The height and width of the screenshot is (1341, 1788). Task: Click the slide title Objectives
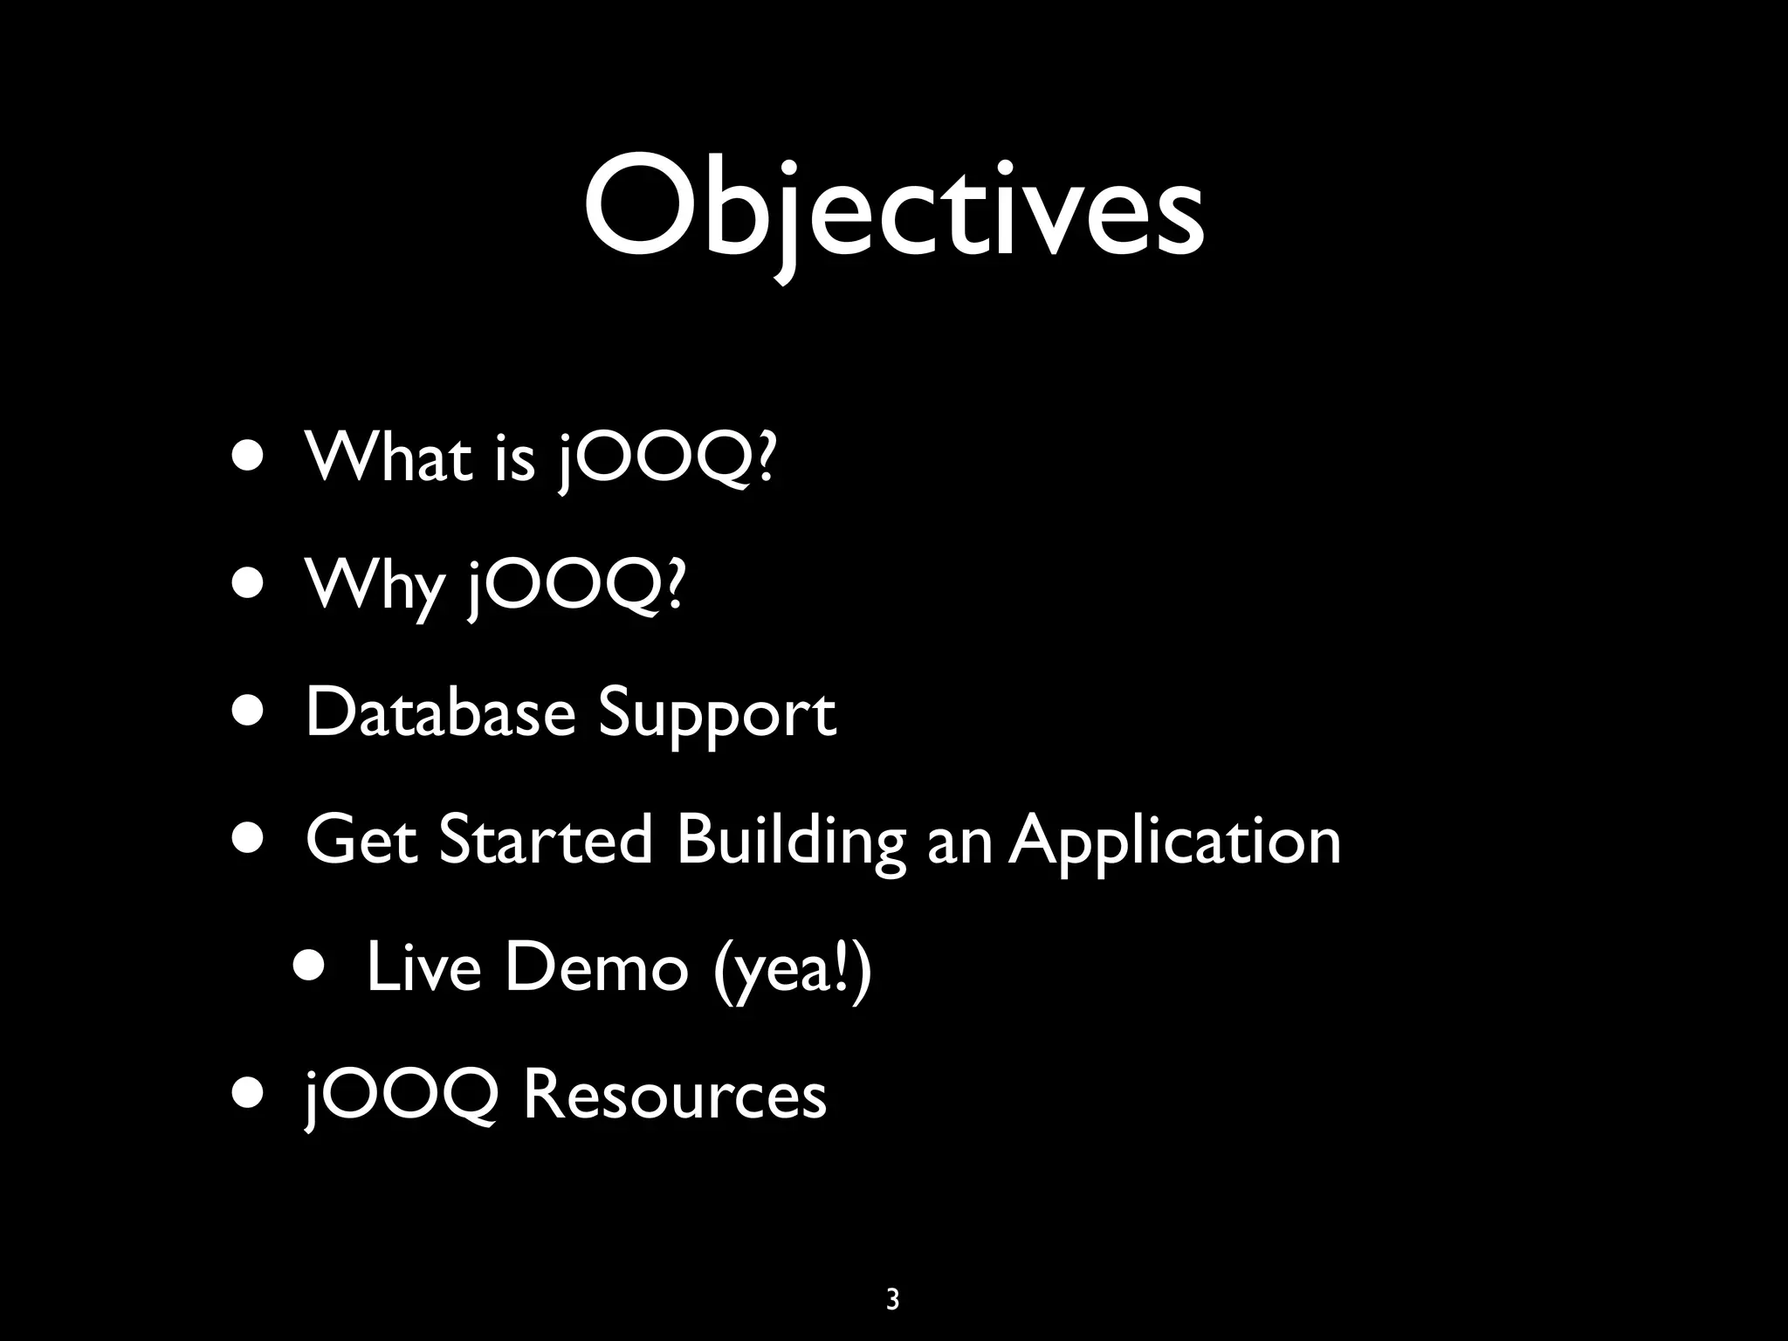894,210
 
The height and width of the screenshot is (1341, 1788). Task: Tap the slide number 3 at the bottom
892,1299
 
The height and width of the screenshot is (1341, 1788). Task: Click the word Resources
674,1095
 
